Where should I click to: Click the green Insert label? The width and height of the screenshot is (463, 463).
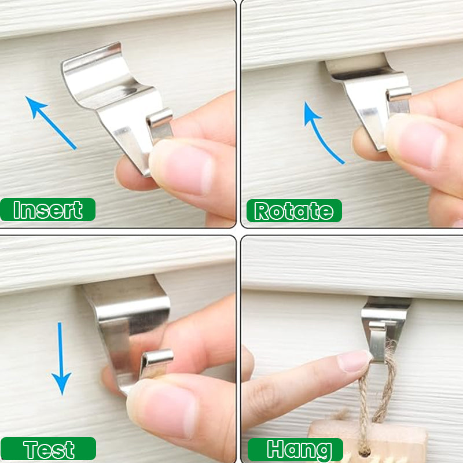[x=47, y=210]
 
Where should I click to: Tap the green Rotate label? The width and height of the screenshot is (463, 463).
[x=294, y=211]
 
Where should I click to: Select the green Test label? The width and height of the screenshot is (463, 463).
[x=48, y=449]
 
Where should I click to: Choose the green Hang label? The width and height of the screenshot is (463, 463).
[x=295, y=450]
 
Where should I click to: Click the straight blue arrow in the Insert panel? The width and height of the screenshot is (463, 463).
[x=51, y=123]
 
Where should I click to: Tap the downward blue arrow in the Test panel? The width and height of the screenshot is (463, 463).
[x=61, y=358]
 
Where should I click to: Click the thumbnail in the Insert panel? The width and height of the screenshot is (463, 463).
[x=180, y=167]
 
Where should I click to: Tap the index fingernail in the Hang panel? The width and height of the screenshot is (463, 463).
[x=354, y=361]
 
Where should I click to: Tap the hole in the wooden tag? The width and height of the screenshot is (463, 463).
[x=365, y=452]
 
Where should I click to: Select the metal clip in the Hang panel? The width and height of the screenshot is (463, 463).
[x=384, y=328]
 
